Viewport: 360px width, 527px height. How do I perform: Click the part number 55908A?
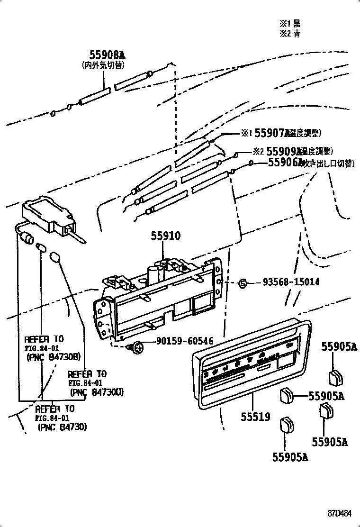pyautogui.click(x=107, y=55)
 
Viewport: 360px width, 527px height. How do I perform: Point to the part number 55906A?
pyautogui.click(x=285, y=163)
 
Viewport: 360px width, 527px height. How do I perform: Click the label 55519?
pyautogui.click(x=254, y=417)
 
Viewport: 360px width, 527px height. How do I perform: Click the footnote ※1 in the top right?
pyautogui.click(x=289, y=23)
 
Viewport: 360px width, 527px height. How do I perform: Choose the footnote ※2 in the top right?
pyautogui.click(x=289, y=33)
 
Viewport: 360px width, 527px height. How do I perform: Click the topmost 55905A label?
pyautogui.click(x=339, y=347)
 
